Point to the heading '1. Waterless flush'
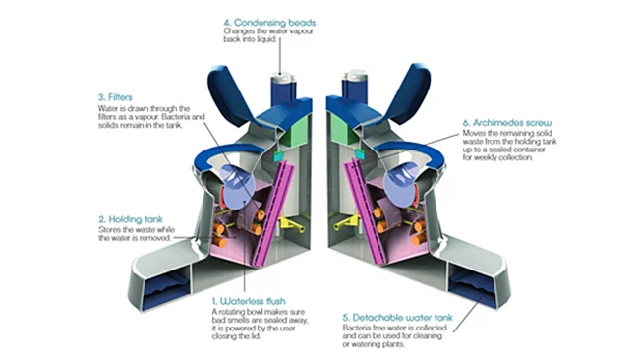[251, 298]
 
